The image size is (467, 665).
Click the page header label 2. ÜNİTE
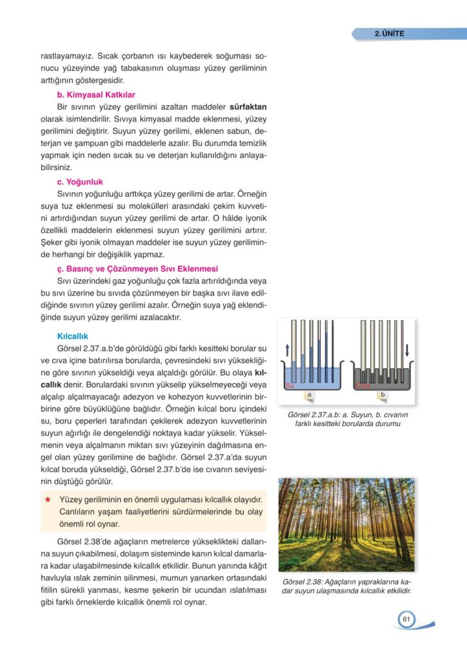click(x=389, y=34)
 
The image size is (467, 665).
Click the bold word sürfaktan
click(x=249, y=106)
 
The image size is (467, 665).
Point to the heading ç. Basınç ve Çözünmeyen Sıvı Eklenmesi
click(x=137, y=268)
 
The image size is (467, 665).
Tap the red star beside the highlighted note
click(x=47, y=499)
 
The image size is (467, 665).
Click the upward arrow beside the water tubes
click(x=288, y=351)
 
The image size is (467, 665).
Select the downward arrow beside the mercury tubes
click(x=407, y=351)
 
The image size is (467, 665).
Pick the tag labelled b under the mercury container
click(x=383, y=395)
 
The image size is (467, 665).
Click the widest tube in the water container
click(x=294, y=351)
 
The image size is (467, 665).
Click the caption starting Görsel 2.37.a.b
click(x=347, y=420)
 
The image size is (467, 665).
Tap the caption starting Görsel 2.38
click(x=347, y=586)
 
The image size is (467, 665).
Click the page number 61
click(x=407, y=619)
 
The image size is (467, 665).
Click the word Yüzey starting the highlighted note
click(x=72, y=499)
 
